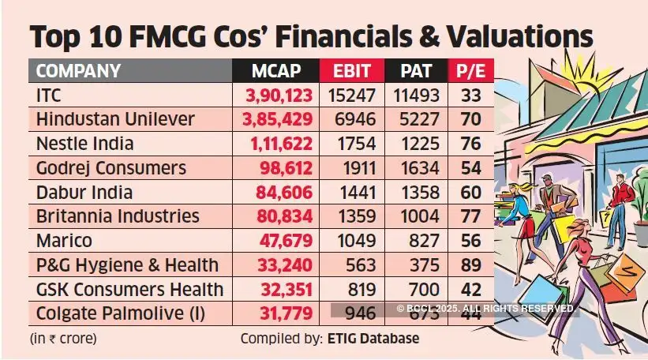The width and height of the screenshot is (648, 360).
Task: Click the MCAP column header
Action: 276,71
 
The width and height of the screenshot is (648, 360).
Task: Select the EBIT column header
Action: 351,71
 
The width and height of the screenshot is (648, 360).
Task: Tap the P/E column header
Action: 470,71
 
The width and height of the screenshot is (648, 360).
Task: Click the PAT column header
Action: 416,71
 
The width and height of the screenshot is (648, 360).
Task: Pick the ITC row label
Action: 49,96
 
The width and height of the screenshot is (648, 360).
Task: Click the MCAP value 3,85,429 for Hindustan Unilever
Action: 277,120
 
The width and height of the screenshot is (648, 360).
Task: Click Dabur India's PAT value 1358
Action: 416,193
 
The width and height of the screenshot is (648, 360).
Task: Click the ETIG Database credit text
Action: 371,339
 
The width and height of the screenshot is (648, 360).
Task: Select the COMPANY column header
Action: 79,71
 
